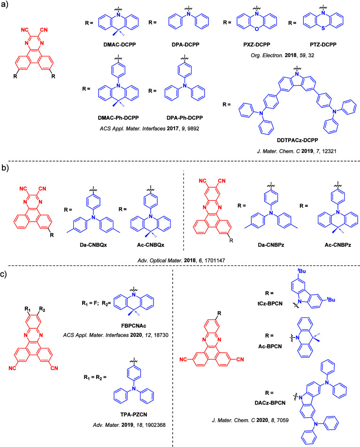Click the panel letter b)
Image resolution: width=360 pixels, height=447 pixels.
(7, 165)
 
